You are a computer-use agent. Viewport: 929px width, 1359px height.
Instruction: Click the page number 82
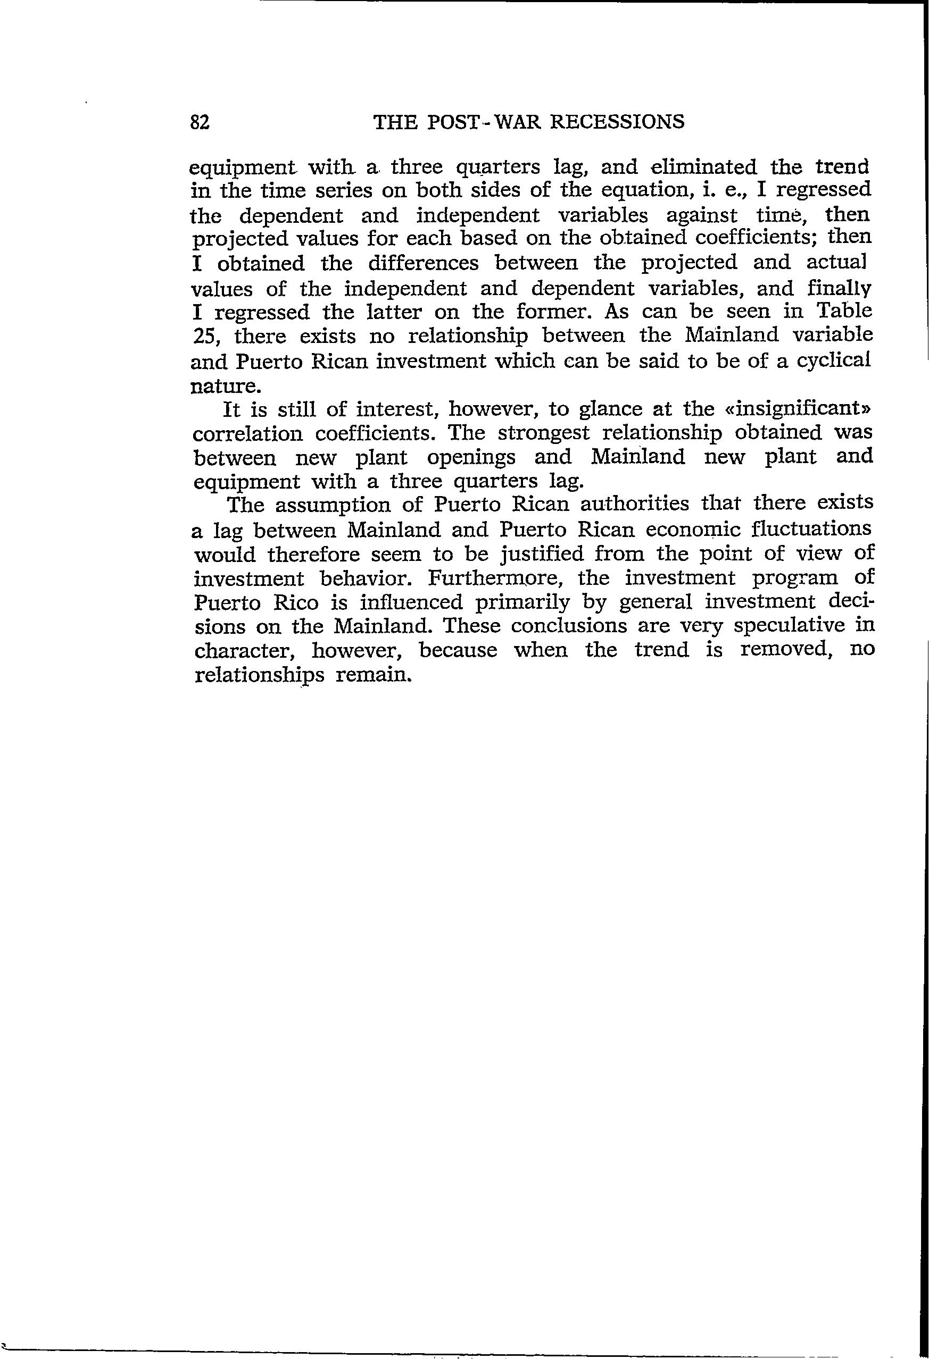click(x=200, y=122)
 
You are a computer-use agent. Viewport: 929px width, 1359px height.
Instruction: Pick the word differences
click(x=423, y=264)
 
